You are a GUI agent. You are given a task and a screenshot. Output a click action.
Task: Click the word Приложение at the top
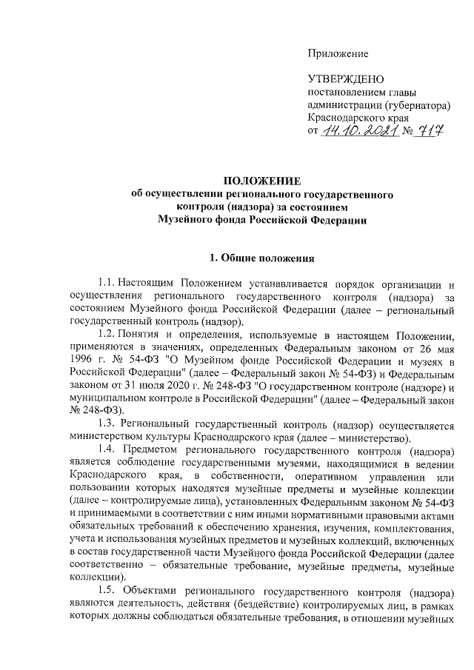point(338,53)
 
